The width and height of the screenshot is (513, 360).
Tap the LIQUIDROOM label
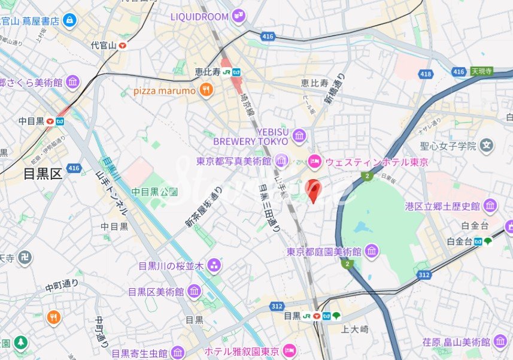tap(199, 16)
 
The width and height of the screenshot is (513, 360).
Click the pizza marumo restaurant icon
tap(207, 90)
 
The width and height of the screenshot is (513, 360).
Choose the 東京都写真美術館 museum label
tap(234, 161)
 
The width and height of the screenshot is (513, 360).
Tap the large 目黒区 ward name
tap(43, 174)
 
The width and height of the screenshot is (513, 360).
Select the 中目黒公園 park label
tap(154, 192)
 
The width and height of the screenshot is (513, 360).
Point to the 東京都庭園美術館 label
tap(324, 251)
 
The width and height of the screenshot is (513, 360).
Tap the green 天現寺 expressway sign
tap(482, 71)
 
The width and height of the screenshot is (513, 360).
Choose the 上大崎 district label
tap(354, 329)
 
